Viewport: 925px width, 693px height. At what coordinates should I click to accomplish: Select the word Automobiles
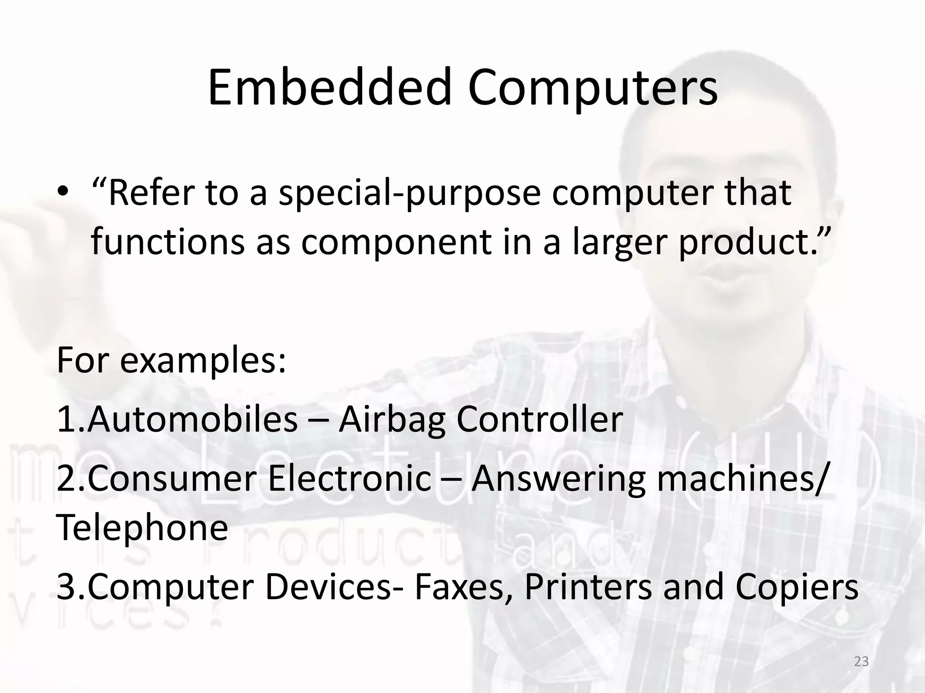(x=192, y=419)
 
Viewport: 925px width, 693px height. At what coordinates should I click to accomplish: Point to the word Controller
(x=540, y=419)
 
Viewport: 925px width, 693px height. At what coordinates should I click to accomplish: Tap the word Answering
(x=559, y=480)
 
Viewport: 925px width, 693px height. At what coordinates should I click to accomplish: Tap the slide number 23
(x=861, y=661)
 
